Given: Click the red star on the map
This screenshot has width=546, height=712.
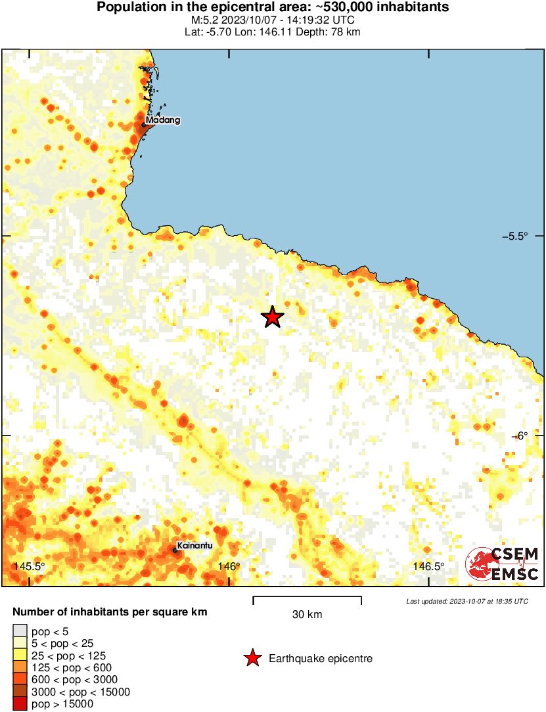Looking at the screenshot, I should coord(273,317).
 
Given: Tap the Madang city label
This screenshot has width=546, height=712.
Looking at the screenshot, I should coord(162,120).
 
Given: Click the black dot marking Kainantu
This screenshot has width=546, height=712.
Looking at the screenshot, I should coord(175,550).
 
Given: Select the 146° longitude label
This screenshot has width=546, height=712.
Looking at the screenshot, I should coord(229,567).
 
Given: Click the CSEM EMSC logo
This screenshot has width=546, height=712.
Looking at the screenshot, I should coord(503,564).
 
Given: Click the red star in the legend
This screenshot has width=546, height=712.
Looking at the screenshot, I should coord(252,658).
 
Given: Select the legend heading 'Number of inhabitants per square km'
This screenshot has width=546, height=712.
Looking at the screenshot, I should coord(110,612).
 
